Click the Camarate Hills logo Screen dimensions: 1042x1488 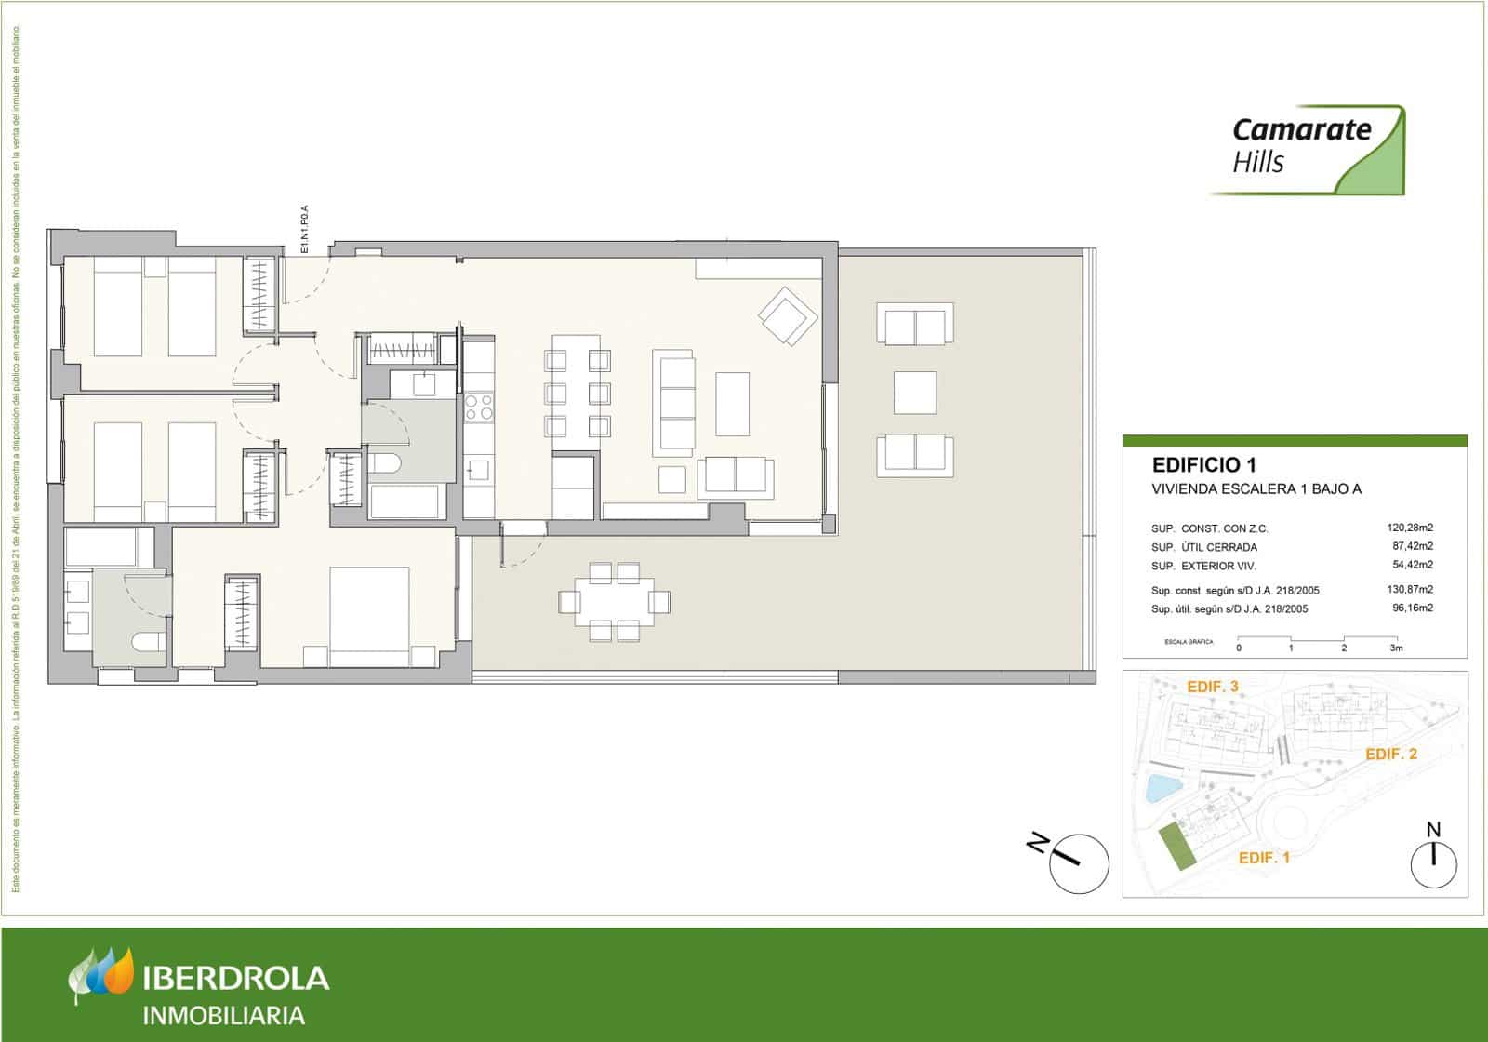1307,149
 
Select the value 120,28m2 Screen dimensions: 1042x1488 1410,528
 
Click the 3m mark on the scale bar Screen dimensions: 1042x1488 1395,648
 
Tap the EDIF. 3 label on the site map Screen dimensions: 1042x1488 1213,687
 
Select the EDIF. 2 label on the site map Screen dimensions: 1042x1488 1390,755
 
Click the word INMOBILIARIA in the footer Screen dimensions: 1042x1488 223,1015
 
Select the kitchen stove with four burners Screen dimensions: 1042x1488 479,407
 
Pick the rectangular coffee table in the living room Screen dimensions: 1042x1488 732,404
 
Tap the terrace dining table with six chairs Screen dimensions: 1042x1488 614,602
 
